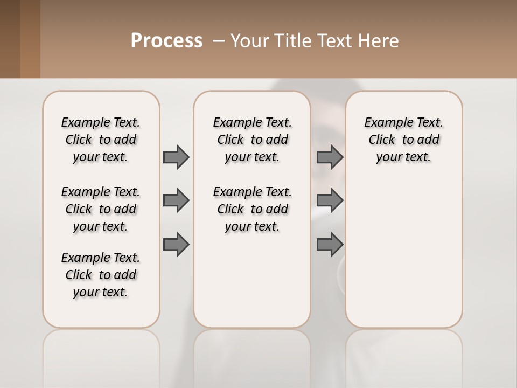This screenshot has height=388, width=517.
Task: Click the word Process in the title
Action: (x=166, y=41)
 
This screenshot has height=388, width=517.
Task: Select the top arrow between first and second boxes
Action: (x=176, y=157)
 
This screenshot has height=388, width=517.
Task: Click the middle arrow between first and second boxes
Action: (x=176, y=200)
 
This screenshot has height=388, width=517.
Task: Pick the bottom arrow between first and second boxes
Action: (x=176, y=245)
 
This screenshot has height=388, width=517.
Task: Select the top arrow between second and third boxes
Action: (x=330, y=157)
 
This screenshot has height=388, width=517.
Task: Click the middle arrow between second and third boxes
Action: (x=330, y=200)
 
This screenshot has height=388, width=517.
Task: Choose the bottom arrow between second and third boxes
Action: (x=330, y=245)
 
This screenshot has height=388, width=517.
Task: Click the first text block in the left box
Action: (x=101, y=140)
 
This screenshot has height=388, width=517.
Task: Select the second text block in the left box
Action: (x=101, y=209)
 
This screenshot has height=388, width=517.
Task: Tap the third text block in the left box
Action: (x=101, y=275)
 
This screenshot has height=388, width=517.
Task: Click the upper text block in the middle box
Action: (x=252, y=140)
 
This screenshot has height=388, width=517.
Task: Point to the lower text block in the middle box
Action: (x=252, y=209)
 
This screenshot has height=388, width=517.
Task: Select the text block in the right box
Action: (x=403, y=140)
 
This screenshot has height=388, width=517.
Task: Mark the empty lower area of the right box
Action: (x=403, y=259)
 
